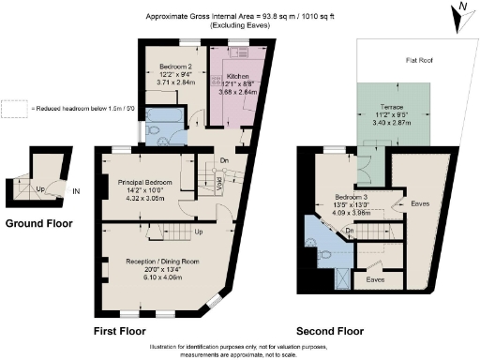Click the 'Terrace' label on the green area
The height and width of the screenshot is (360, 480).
(392, 105)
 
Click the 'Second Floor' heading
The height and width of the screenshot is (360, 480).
(329, 331)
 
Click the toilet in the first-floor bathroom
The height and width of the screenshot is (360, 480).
(153, 134)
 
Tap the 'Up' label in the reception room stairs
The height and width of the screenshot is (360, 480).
(199, 232)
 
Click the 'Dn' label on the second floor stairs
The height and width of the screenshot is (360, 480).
(348, 230)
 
